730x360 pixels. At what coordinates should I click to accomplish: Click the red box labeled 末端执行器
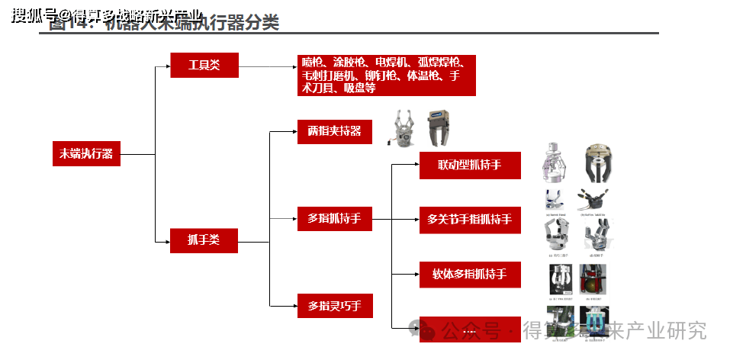coord(86,154)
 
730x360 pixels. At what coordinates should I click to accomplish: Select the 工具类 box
coord(204,66)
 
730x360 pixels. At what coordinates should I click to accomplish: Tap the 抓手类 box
coord(204,240)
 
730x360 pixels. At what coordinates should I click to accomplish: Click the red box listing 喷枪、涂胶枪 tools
coord(386,75)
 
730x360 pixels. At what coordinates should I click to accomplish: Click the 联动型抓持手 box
coord(470,166)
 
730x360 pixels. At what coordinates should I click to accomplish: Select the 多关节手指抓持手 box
coord(470,220)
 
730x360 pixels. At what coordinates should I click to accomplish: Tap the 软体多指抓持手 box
coord(470,275)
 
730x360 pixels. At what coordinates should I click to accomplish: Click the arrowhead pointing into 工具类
coord(167,66)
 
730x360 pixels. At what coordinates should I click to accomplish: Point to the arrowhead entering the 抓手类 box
coord(167,241)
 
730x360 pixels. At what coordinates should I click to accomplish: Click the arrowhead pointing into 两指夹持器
coord(294,132)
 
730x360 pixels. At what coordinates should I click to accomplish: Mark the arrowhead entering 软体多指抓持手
coord(416,275)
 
